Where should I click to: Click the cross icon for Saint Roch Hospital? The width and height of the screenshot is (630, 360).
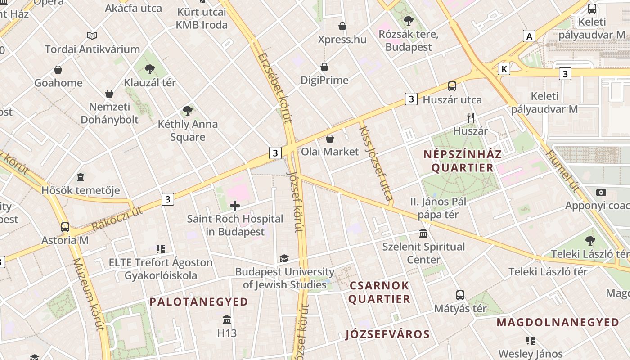pyautogui.click(x=235, y=206)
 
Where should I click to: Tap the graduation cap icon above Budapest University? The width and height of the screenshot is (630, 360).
pyautogui.click(x=284, y=258)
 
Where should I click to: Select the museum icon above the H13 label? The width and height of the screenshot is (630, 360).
pyautogui.click(x=227, y=319)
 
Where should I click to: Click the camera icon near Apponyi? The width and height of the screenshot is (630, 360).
pyautogui.click(x=601, y=192)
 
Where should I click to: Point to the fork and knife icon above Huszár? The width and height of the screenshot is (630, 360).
pyautogui.click(x=471, y=118)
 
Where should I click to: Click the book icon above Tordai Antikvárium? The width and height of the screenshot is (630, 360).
pyautogui.click(x=92, y=36)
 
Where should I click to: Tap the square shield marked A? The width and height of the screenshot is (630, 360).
pyautogui.click(x=529, y=36)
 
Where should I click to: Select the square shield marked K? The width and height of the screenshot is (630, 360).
pyautogui.click(x=504, y=69)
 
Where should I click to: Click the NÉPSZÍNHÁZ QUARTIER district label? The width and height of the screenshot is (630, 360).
pyautogui.click(x=463, y=161)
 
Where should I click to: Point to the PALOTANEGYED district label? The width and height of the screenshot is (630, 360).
pyautogui.click(x=199, y=302)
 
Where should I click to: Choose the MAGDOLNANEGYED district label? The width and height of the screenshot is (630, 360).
pyautogui.click(x=558, y=322)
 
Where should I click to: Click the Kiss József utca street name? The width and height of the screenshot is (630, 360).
pyautogui.click(x=376, y=163)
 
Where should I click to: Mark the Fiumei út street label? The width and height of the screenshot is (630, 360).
pyautogui.click(x=562, y=171)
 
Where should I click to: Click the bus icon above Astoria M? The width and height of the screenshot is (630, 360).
pyautogui.click(x=65, y=227)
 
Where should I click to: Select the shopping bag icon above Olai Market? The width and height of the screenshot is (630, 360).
pyautogui.click(x=330, y=139)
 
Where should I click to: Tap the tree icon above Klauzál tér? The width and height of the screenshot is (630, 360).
pyautogui.click(x=150, y=69)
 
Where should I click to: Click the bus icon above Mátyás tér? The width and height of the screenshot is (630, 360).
pyautogui.click(x=460, y=295)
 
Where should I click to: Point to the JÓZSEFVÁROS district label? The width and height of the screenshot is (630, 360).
pyautogui.click(x=387, y=334)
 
